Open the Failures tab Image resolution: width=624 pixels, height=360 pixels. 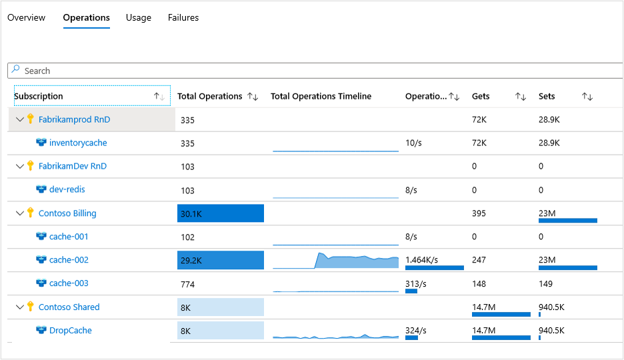(183, 17)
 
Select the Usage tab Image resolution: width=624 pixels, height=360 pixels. (138, 17)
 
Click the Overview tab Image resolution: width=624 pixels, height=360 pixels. (26, 17)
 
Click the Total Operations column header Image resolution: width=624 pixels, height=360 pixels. (209, 96)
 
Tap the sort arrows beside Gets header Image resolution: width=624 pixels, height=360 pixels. (521, 97)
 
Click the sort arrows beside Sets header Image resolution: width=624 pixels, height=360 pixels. (587, 97)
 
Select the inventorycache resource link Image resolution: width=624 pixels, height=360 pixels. (77, 143)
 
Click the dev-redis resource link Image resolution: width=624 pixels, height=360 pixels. (67, 189)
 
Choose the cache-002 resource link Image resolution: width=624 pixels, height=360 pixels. (69, 260)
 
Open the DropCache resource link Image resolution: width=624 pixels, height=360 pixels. (70, 330)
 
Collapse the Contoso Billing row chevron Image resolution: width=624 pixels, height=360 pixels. (19, 213)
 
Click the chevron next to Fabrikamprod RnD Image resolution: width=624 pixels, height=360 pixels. (19, 119)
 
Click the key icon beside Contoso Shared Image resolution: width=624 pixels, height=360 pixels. (30, 307)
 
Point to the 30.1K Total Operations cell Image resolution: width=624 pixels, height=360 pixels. (220, 213)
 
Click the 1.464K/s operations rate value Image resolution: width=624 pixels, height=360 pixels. (426, 259)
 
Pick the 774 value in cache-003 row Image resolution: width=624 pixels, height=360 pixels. (189, 283)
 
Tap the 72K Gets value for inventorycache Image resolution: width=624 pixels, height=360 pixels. (479, 143)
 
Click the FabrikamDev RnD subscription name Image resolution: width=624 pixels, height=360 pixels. (72, 166)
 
